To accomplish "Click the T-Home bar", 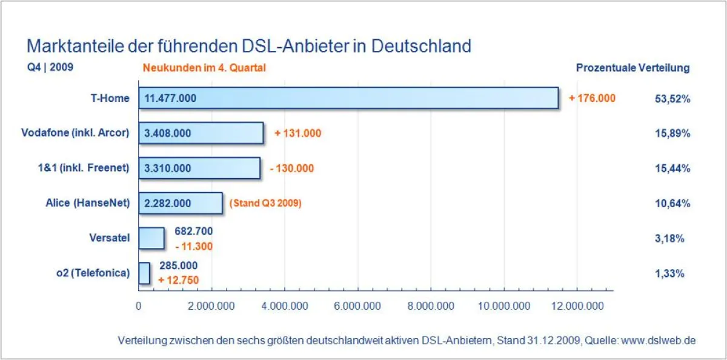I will pyautogui.click(x=348, y=98).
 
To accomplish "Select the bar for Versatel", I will pyautogui.click(x=151, y=238).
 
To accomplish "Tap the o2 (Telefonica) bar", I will pyautogui.click(x=144, y=273).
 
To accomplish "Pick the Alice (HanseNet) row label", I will pyautogui.click(x=87, y=204).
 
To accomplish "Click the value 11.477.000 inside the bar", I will pyautogui.click(x=170, y=98).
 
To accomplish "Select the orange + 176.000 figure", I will pyautogui.click(x=592, y=98).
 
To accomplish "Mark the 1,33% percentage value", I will pyautogui.click(x=669, y=273).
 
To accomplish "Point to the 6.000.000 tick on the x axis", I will pyautogui.click(x=358, y=307).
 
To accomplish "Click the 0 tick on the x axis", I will pyautogui.click(x=139, y=307).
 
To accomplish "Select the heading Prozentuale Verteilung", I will pyautogui.click(x=632, y=68).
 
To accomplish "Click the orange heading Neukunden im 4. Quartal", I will pyautogui.click(x=204, y=68).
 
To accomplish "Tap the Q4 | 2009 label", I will pyautogui.click(x=50, y=67).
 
